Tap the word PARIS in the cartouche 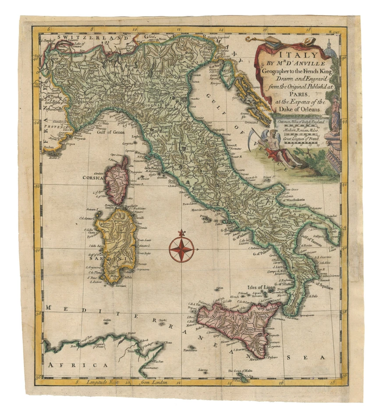pos(290,93)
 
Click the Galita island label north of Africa pos(106,322)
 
